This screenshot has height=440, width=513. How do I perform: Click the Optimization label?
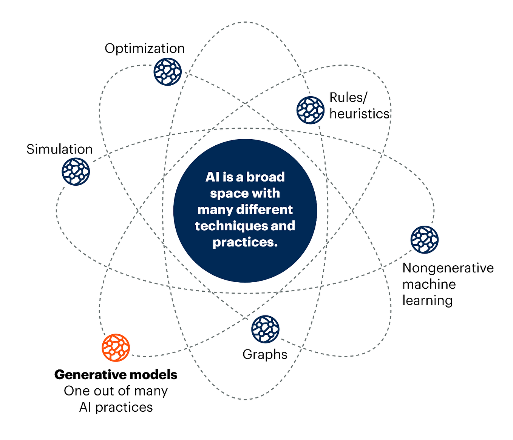click(x=144, y=48)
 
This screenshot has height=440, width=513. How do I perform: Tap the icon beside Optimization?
click(x=168, y=72)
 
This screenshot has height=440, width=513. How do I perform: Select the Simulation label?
click(x=59, y=149)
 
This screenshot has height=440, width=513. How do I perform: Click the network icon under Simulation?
click(x=76, y=172)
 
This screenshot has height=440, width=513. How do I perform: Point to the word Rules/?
click(x=348, y=97)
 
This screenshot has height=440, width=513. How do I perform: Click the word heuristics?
click(x=359, y=114)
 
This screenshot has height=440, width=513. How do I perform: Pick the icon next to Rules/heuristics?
click(x=310, y=110)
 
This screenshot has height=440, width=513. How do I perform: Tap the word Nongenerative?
click(x=448, y=268)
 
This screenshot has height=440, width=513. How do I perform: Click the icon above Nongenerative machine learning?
click(x=424, y=240)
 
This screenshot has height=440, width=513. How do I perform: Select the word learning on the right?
click(x=427, y=300)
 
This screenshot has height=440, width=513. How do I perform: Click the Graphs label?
click(x=265, y=354)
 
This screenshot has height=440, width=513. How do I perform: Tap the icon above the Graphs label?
click(x=265, y=329)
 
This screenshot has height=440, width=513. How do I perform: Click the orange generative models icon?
click(x=116, y=348)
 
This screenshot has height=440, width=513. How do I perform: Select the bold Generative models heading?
click(x=116, y=374)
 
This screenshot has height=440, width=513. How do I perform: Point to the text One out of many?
click(x=116, y=391)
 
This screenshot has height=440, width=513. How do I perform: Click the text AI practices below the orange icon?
click(x=116, y=407)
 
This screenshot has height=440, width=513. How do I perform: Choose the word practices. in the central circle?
click(x=245, y=242)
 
